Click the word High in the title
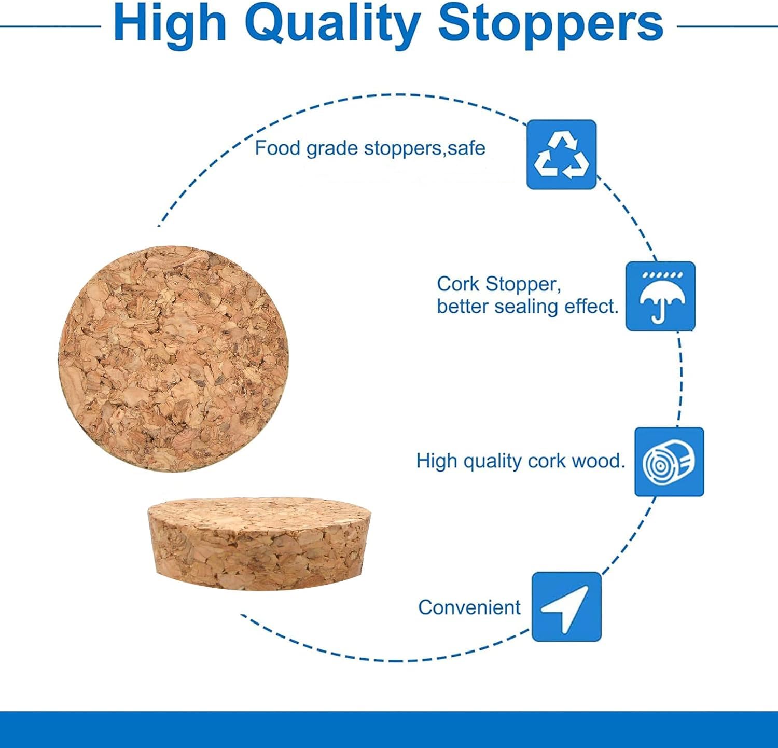click(x=170, y=25)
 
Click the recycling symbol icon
click(x=562, y=155)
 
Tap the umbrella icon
click(x=660, y=296)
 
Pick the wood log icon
click(x=669, y=462)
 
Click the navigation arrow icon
click(x=566, y=607)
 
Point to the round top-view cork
click(x=173, y=358)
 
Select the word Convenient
click(x=469, y=607)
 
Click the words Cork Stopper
click(x=498, y=284)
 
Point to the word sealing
click(x=526, y=307)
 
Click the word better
click(x=463, y=307)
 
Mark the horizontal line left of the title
click(x=51, y=25)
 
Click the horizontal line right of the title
click(x=728, y=25)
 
